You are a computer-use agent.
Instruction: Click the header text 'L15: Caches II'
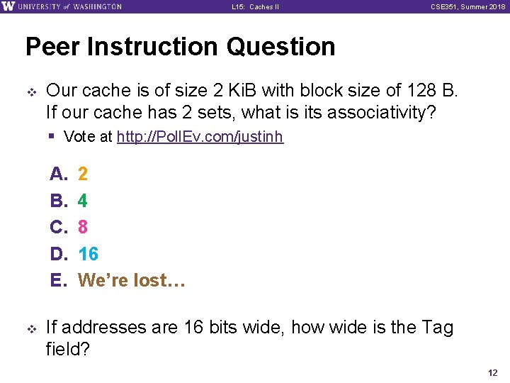point(255,7)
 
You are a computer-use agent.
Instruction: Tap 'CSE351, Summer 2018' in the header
point(467,7)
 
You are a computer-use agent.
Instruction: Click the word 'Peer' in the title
point(53,47)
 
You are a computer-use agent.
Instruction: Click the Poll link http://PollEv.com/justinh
point(200,137)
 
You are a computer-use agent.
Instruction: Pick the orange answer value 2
point(83,174)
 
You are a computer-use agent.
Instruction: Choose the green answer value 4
point(83,201)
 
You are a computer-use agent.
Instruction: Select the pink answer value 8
point(83,227)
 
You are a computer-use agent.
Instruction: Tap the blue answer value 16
point(88,254)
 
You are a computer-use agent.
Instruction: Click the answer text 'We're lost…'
point(131,280)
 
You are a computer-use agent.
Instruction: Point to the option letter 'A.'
point(58,174)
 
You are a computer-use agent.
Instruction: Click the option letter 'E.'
point(58,280)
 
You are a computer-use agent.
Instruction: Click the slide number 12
point(493,372)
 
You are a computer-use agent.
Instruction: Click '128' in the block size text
point(421,90)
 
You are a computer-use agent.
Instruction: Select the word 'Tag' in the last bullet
point(437,328)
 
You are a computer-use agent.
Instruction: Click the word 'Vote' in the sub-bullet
point(78,137)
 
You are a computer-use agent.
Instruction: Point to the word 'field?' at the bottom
point(68,349)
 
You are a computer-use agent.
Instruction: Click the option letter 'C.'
point(58,227)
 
